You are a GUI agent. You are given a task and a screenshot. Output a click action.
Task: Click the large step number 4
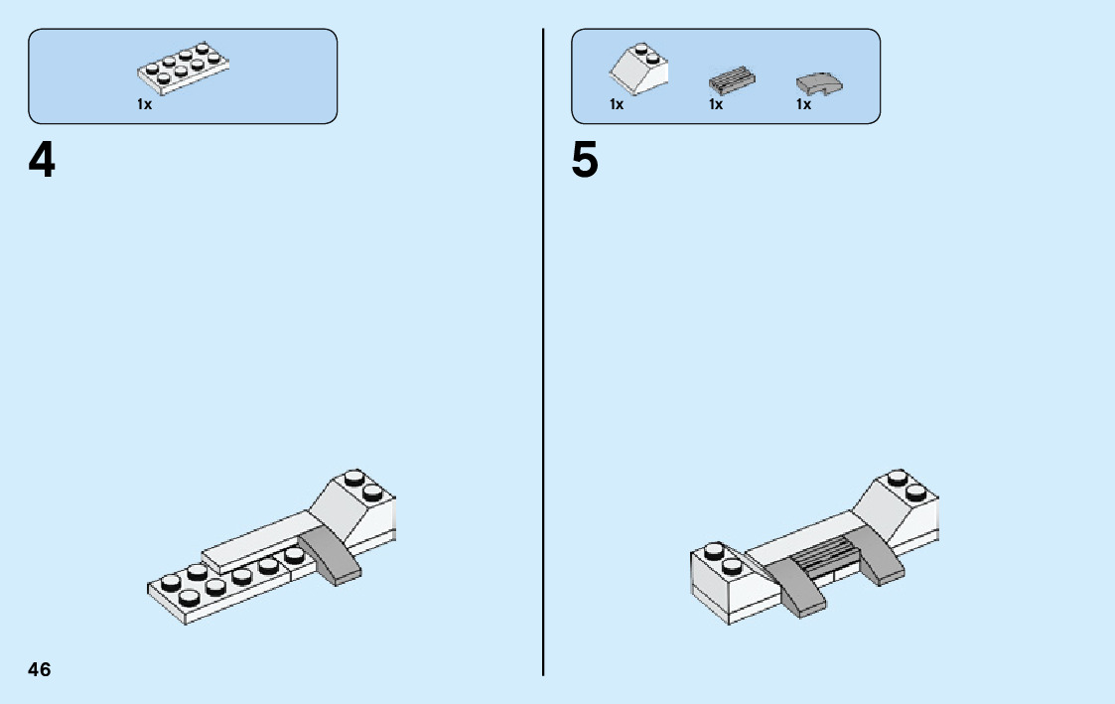click(x=42, y=161)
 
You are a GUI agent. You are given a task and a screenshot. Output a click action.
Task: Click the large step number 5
click(x=585, y=161)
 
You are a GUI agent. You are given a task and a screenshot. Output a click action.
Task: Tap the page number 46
click(x=40, y=669)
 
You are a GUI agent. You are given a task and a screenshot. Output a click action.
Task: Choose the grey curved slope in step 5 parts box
click(x=819, y=83)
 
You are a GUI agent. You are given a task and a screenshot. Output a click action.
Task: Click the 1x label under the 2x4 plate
click(x=145, y=104)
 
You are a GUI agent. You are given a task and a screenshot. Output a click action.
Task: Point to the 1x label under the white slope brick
click(x=617, y=104)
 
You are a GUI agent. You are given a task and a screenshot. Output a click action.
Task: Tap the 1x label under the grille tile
click(x=715, y=104)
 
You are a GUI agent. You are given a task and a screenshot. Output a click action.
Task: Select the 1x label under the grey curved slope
click(x=803, y=104)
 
